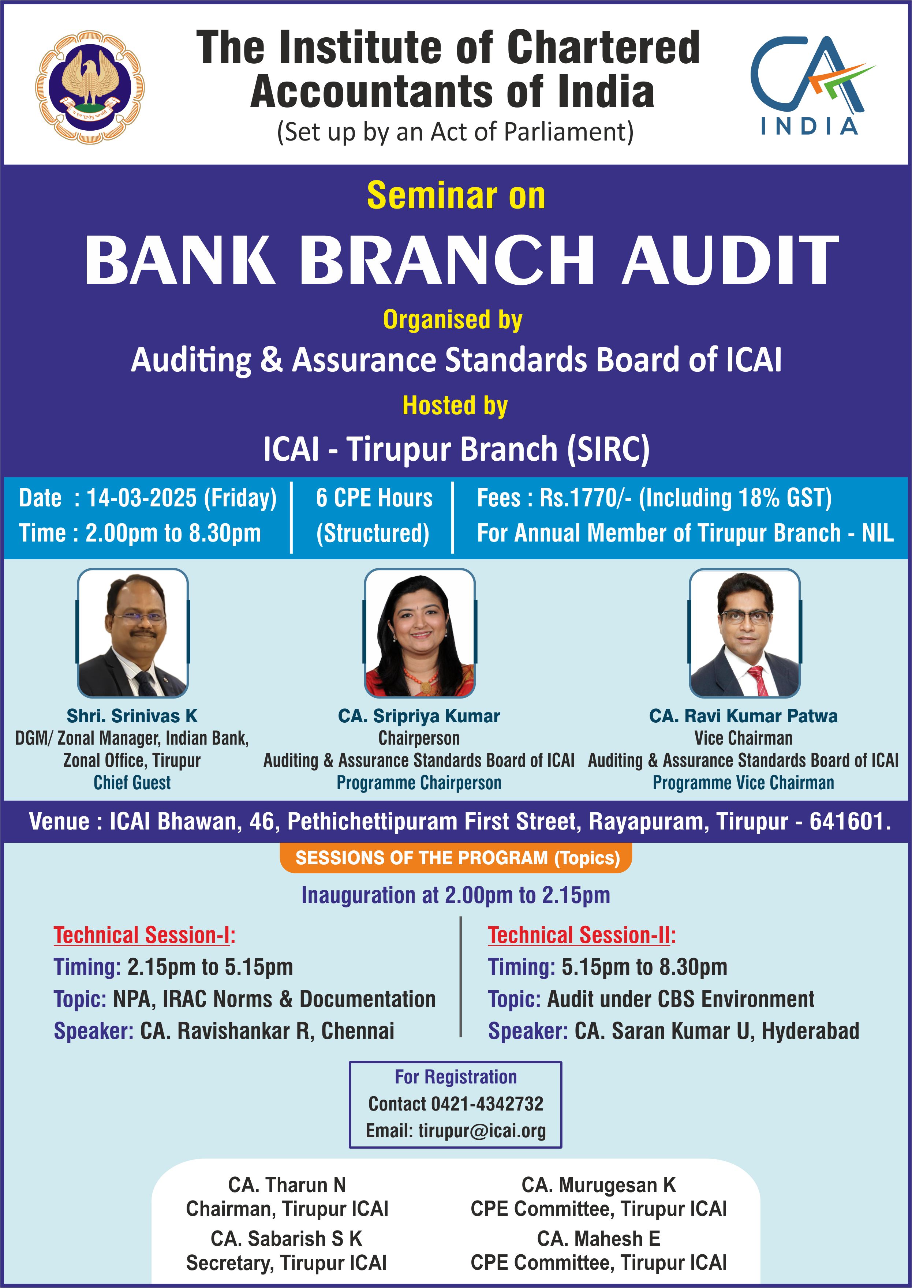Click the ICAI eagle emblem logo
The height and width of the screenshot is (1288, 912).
(x=90, y=87)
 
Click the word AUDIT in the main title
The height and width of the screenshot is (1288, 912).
(x=730, y=259)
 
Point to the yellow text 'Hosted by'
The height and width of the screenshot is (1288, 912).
(x=455, y=405)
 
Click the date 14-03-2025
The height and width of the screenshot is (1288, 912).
(x=142, y=498)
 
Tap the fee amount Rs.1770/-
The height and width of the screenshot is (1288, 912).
(x=586, y=498)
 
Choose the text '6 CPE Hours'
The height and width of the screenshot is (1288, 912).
(x=374, y=498)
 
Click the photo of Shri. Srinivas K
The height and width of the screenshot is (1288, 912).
(x=132, y=633)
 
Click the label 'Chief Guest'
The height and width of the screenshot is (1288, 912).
(x=132, y=783)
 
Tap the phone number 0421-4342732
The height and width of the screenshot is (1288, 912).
(x=487, y=1104)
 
